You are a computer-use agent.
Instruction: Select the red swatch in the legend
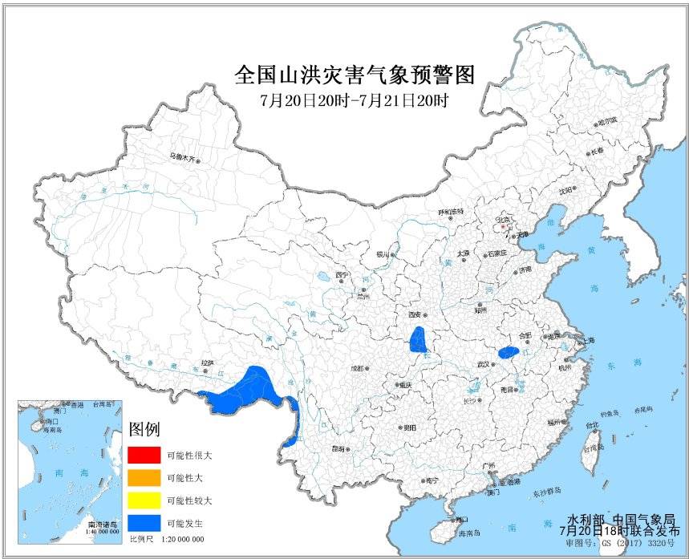pyautogui.click(x=144, y=454)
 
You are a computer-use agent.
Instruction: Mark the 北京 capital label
pyautogui.click(x=503, y=217)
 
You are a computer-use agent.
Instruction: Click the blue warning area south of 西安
pyautogui.click(x=418, y=341)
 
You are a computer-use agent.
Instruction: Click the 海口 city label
pyautogui.click(x=461, y=519)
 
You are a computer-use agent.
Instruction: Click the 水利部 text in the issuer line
pyautogui.click(x=585, y=521)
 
